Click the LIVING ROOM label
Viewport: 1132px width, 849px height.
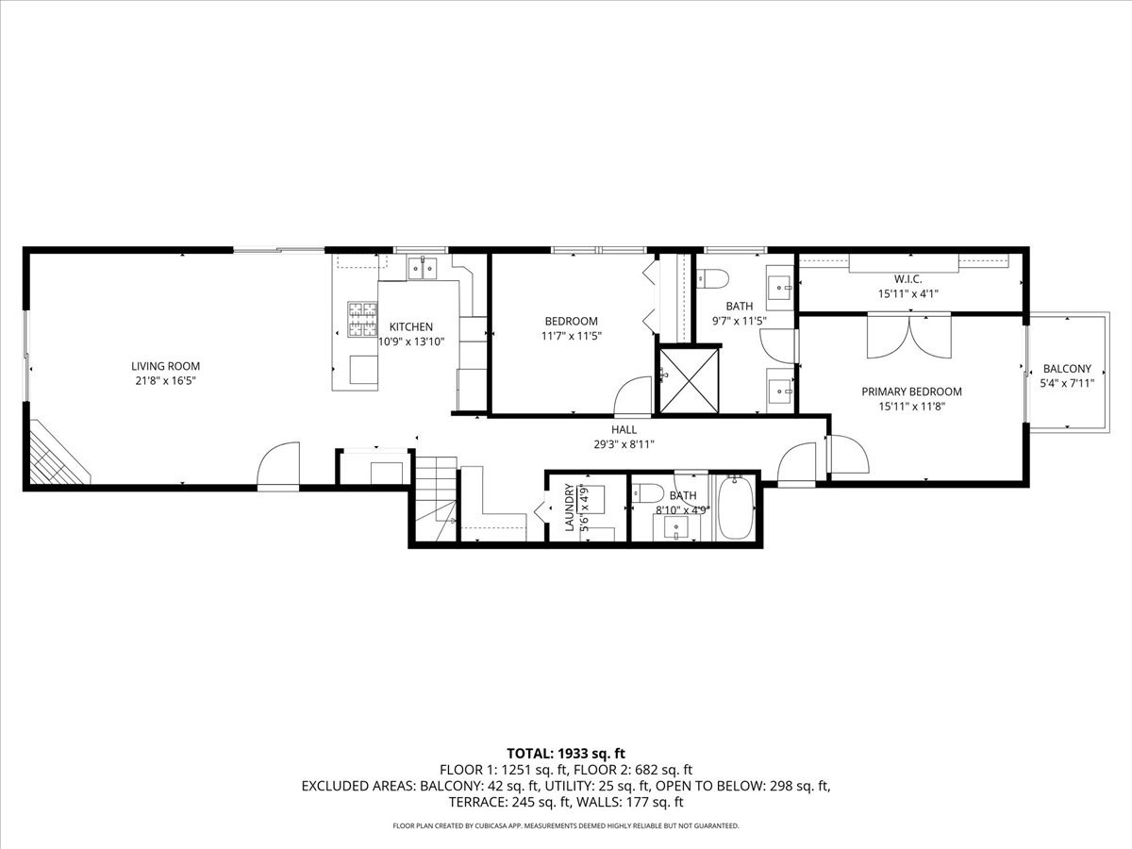[x=165, y=366]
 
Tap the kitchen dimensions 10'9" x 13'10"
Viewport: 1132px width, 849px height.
[x=411, y=341]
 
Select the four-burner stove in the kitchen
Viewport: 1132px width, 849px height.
[x=362, y=320]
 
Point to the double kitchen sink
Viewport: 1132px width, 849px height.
[x=423, y=268]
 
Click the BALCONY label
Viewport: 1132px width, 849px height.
[x=1067, y=369]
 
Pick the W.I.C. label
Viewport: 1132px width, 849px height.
[x=907, y=279]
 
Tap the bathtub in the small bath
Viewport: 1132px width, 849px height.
[x=736, y=508]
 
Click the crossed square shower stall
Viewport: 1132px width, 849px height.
[x=689, y=381]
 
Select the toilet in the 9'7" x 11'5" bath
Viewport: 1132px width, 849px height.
[x=712, y=279]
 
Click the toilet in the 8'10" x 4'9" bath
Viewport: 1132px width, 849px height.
[x=648, y=492]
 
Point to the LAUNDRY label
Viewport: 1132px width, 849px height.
[x=570, y=508]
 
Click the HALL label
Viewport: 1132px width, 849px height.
[x=624, y=429]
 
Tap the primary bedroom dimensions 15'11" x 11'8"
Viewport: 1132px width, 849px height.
[x=911, y=407]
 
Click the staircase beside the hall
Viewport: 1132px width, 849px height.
[x=437, y=498]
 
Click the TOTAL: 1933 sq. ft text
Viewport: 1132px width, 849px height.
[x=566, y=753]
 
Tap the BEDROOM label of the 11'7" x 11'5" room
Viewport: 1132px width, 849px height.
[x=572, y=321]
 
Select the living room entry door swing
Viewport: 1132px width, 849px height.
[x=278, y=463]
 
